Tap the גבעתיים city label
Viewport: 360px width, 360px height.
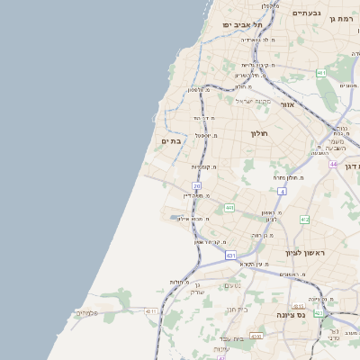[306, 13]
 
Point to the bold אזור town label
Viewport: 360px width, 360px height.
[287, 104]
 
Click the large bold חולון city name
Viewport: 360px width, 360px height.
[260, 133]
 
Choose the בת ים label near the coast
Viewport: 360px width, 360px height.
[171, 141]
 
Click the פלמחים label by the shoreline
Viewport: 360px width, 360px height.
[85, 312]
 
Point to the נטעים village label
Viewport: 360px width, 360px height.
[231, 286]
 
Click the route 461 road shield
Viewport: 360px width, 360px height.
[321, 72]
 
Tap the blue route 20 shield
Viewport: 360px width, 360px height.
[196, 186]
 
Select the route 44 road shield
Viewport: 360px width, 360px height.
[333, 165]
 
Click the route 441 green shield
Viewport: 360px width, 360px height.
[229, 208]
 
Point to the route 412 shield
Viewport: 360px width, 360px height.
[304, 220]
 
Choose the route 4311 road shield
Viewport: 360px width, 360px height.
[150, 311]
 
